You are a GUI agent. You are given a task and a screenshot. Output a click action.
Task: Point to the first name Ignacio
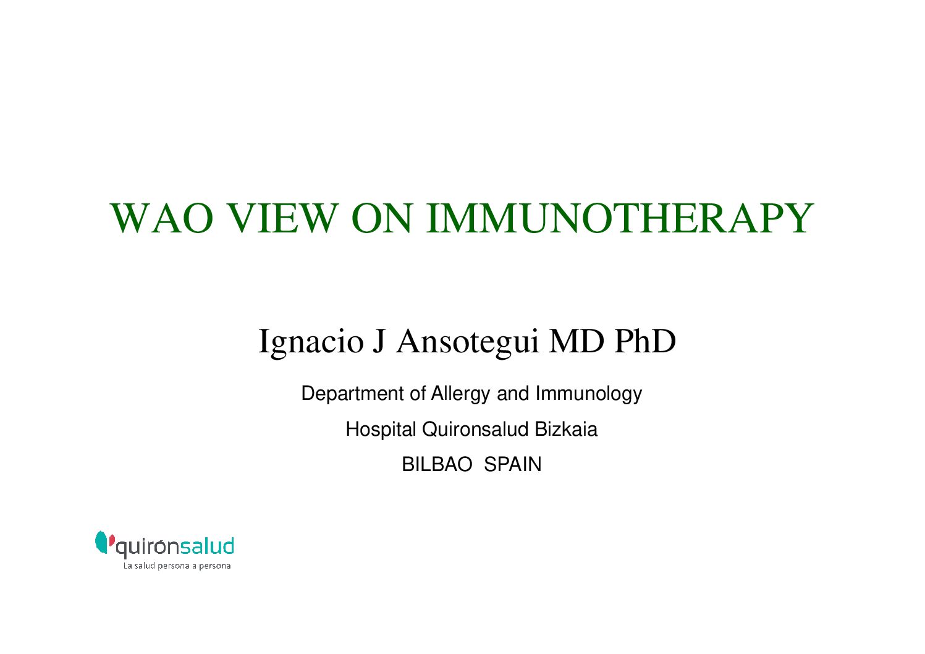click(311, 342)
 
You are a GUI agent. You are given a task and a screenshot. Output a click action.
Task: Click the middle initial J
click(379, 342)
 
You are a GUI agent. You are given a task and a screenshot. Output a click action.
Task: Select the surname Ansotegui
click(468, 342)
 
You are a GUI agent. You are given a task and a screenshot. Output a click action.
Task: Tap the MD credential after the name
click(577, 341)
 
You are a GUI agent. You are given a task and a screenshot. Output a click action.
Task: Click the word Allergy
click(460, 394)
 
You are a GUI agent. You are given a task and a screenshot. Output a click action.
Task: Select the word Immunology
click(589, 394)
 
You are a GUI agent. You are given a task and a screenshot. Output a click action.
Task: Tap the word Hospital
click(381, 429)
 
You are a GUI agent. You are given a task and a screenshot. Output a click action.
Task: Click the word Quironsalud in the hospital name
click(475, 429)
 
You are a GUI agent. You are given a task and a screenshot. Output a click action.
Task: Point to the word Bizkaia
click(566, 429)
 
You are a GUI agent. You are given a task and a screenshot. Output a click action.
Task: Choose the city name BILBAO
click(437, 464)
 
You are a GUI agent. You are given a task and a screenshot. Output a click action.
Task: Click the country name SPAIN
click(512, 464)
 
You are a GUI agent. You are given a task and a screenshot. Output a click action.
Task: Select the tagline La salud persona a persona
click(177, 566)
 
